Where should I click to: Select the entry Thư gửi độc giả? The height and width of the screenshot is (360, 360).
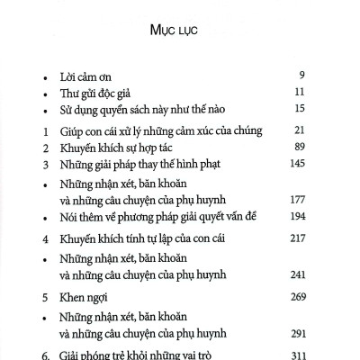[96, 92]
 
